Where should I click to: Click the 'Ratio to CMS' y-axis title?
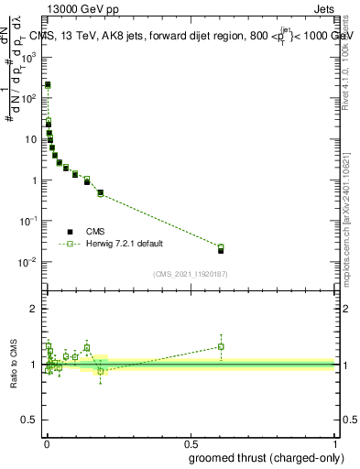tap(14, 365)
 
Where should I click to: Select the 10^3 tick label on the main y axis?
tap(30, 57)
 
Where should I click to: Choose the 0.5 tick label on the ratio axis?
tap(31, 420)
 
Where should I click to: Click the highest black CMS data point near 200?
tap(48, 84)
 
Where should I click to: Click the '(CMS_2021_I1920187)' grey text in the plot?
tap(190, 273)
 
